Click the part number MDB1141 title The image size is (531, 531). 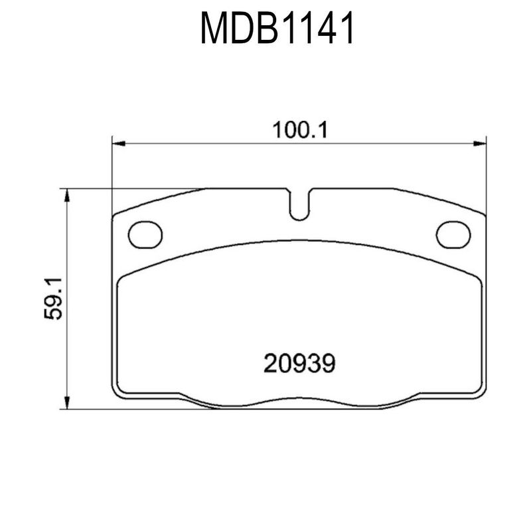pyautogui.click(x=277, y=28)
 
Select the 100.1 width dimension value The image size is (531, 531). pyautogui.click(x=301, y=130)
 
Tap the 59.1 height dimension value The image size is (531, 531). pyautogui.click(x=53, y=298)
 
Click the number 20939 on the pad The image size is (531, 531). pyautogui.click(x=299, y=363)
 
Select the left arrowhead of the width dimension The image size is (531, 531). pyautogui.click(x=119, y=143)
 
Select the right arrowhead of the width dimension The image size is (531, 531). pyautogui.click(x=479, y=143)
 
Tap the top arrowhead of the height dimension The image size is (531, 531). pyautogui.click(x=67, y=195)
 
